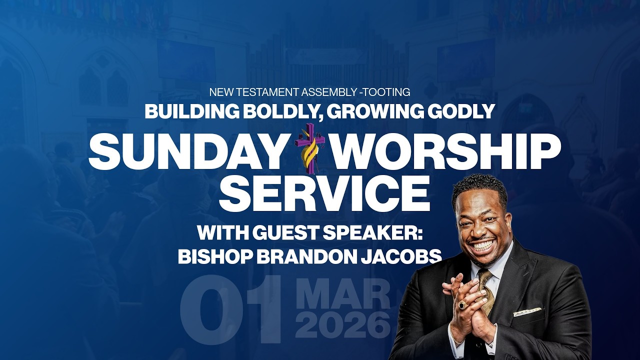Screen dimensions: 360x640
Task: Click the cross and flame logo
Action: tap(310, 144)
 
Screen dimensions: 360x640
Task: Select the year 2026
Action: tap(342, 325)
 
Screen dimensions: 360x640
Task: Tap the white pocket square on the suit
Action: tap(527, 312)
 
